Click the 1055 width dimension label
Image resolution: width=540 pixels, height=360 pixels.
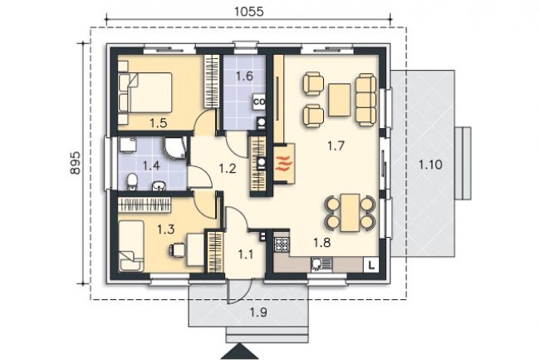(248, 12)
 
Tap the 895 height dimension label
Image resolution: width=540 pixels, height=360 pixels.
(76, 163)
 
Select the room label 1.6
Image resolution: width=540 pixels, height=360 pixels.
(244, 76)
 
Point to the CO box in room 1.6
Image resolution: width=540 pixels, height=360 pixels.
(259, 102)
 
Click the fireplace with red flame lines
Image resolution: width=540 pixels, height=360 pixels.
(284, 164)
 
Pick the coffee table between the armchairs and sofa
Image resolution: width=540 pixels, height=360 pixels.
(340, 100)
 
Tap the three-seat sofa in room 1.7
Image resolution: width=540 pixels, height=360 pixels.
(366, 99)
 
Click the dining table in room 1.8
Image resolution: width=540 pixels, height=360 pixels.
(350, 213)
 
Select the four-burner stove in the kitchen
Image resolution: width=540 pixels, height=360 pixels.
(282, 244)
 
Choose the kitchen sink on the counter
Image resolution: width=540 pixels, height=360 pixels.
(322, 264)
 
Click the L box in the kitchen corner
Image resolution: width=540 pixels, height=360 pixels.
(371, 265)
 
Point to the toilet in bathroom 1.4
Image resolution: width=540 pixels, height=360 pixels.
(132, 182)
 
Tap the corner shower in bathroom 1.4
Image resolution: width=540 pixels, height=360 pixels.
(175, 148)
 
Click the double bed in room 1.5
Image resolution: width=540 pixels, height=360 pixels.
(145, 92)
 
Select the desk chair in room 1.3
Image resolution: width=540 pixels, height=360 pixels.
(177, 250)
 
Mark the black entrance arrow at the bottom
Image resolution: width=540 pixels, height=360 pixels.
(240, 353)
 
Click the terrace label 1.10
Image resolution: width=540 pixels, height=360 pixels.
(430, 165)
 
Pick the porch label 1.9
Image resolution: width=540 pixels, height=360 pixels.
(258, 313)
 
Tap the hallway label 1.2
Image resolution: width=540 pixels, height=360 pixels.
(228, 169)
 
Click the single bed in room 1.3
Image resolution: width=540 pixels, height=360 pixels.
(131, 246)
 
